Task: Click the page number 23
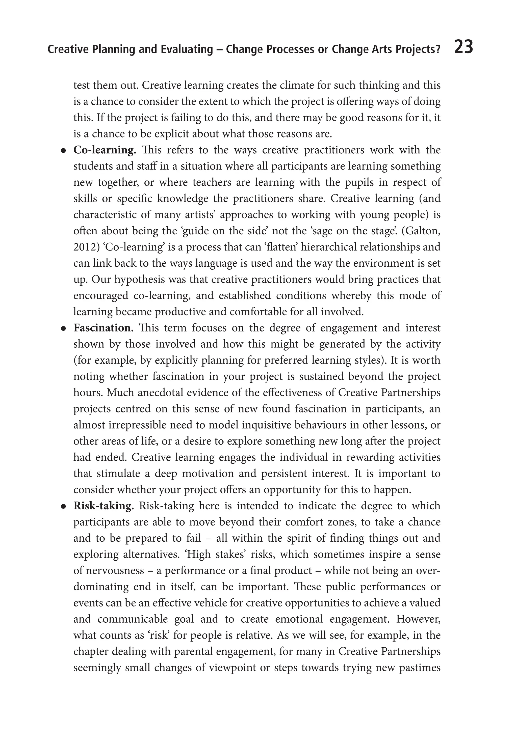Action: [463, 47]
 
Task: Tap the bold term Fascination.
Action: [103, 328]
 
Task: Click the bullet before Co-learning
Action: [64, 151]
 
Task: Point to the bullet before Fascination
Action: [64, 329]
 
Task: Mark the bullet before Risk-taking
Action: [64, 507]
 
